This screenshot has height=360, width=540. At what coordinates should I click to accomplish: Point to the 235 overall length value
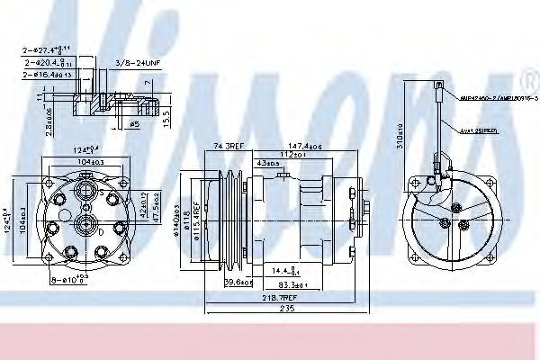286,307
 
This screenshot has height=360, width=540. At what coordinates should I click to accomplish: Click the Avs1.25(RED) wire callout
477,130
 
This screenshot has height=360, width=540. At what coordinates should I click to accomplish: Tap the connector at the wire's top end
438,88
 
